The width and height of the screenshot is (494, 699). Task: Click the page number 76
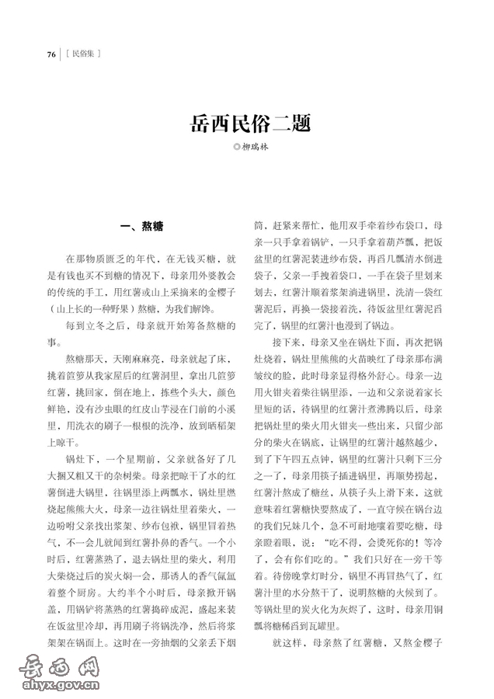(51, 54)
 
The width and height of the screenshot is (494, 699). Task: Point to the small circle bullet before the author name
(238, 148)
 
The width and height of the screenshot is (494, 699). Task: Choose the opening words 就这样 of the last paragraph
(283, 645)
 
